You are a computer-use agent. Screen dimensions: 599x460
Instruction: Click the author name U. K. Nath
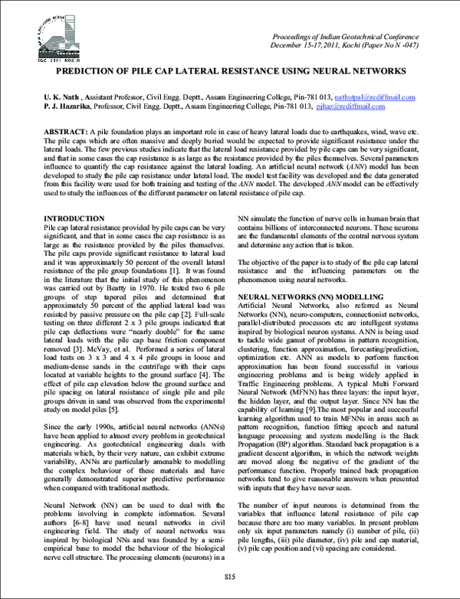pos(64,98)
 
